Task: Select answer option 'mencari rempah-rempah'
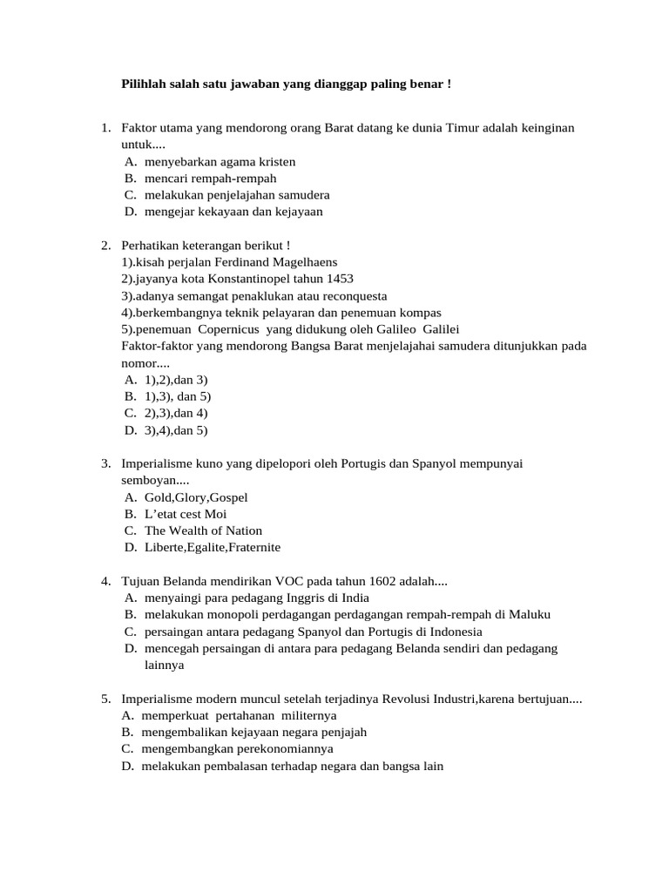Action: tap(198, 179)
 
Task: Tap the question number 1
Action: tap(105, 129)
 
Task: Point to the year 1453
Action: tap(340, 279)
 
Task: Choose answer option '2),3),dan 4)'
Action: tap(176, 413)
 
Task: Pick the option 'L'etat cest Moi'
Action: tap(186, 514)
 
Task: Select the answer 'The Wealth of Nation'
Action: tap(203, 530)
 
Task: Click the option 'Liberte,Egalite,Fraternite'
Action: tap(213, 547)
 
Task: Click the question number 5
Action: tap(105, 699)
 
